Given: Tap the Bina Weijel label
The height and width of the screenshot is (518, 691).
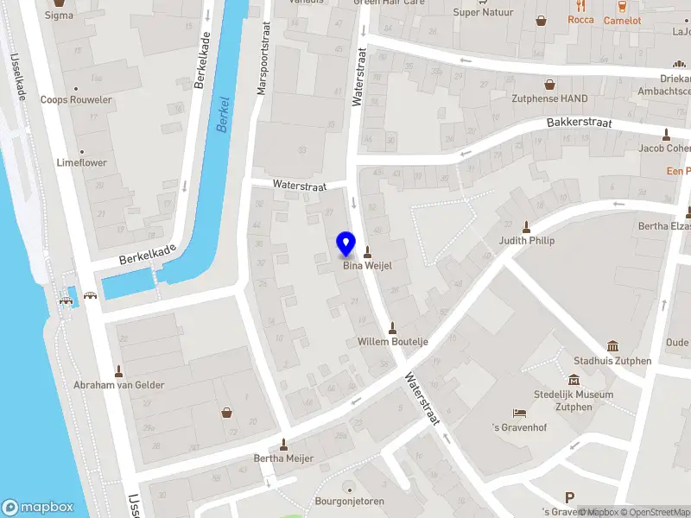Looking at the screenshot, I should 368,266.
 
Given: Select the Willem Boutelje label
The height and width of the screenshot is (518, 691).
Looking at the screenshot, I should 393,342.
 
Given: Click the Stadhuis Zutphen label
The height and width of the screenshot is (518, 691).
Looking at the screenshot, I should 612,361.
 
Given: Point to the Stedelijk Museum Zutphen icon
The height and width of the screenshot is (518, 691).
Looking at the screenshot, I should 574,380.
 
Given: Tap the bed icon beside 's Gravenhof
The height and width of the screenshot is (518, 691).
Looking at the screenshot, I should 519,414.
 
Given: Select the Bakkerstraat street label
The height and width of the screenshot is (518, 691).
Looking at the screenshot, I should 579,123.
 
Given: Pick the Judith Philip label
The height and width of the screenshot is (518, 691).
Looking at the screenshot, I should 526,241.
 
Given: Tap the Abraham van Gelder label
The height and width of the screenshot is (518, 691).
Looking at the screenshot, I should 119,385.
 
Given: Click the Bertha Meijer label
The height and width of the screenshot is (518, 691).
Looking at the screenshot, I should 283,458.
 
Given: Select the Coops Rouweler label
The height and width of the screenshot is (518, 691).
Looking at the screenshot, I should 76,99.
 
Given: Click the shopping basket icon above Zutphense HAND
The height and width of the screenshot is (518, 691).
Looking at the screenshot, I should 549,85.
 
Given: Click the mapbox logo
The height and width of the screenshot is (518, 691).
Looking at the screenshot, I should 38,508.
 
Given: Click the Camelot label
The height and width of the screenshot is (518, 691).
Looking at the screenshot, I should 622,20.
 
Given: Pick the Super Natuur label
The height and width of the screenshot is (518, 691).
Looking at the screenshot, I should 484,13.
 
